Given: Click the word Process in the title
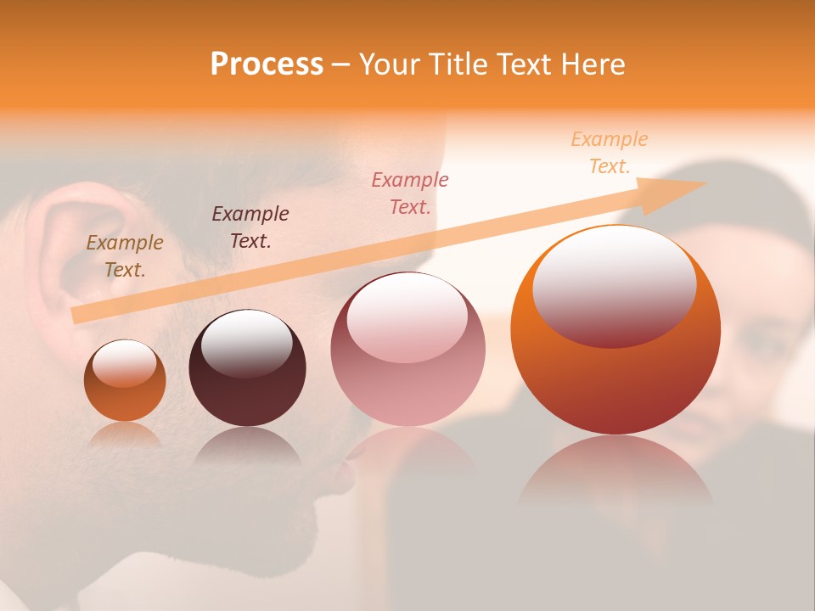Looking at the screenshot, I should [267, 64].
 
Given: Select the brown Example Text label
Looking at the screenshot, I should [125, 255].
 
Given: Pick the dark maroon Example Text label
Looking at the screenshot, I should [250, 227].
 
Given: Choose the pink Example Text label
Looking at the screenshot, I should [410, 193].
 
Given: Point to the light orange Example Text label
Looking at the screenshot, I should [610, 153].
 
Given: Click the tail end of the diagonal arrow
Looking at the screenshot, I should [78, 315].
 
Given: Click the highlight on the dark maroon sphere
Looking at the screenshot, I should [246, 339].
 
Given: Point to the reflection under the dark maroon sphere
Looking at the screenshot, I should [247, 446].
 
